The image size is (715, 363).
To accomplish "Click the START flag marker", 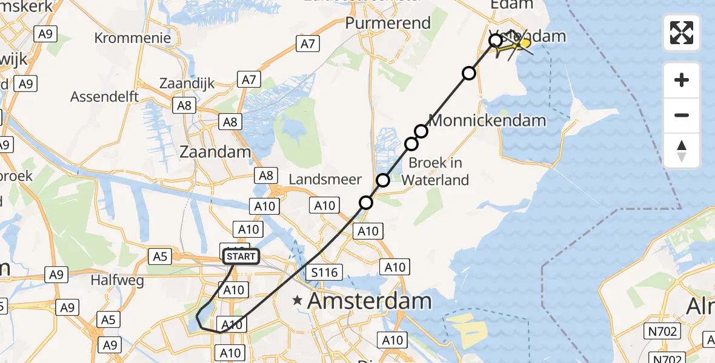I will tap(242, 257).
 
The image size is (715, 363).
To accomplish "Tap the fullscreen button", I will tap(682, 33).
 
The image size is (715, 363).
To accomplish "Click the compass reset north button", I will tap(682, 151).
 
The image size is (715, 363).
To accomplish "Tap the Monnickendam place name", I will tap(487, 120).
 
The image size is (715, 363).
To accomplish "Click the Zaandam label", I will tap(215, 151).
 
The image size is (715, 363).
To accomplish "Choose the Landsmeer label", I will tap(325, 179).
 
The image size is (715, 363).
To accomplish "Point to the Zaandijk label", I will tap(187, 83).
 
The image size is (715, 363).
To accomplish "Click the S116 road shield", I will tap(324, 273).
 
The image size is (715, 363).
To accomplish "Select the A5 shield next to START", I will tap(160, 257).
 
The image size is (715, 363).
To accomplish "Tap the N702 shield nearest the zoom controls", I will tap(663, 331).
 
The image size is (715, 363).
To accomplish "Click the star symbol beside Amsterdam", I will tap(298, 300).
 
